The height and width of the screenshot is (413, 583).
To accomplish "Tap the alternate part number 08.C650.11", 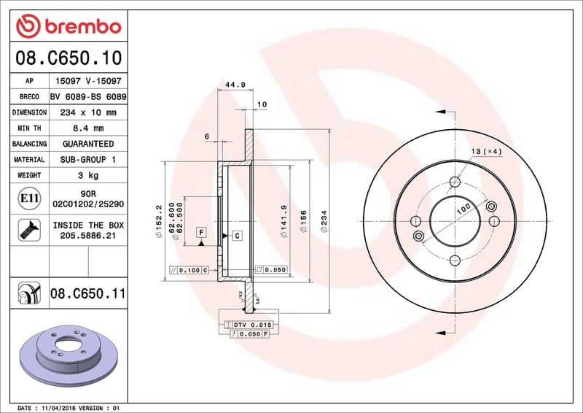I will point(88,294).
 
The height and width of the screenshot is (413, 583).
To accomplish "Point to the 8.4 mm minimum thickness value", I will point(88,128).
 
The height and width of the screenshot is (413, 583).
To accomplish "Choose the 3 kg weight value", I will point(88,175).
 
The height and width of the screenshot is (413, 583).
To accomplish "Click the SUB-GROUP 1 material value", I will point(88,159).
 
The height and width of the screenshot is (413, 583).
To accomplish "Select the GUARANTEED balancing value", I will point(88,144).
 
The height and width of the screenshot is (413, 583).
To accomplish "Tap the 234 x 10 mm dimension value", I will point(88,112).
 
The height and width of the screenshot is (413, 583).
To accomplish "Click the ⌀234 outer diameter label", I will point(324,221).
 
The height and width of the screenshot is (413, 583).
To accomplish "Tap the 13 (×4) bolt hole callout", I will point(486,151).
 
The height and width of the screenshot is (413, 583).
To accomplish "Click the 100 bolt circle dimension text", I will point(462,210).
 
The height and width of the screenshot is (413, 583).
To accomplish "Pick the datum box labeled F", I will point(200,232).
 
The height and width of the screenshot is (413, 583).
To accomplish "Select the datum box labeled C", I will point(238,235).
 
